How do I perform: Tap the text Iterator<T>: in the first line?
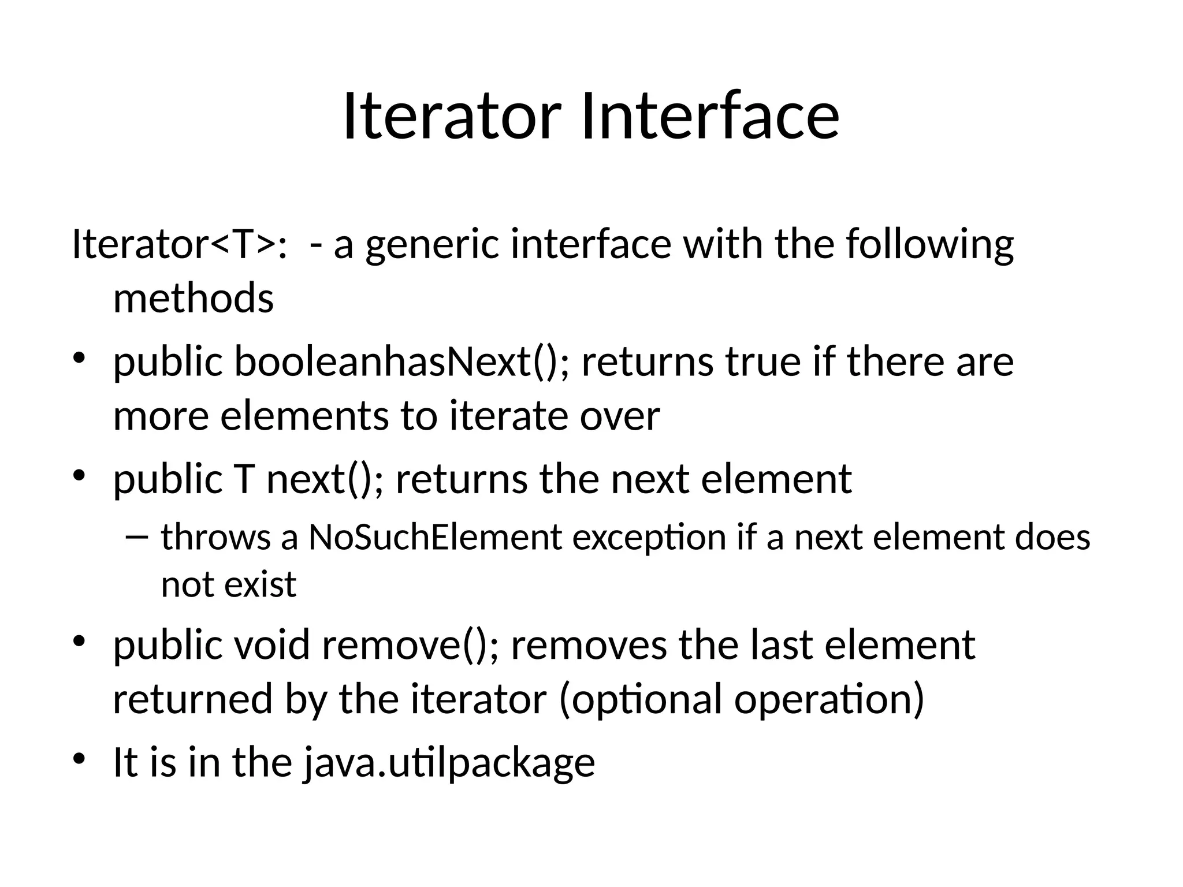[x=180, y=244]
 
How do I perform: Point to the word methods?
[x=193, y=299]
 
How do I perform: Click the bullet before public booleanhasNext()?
[x=79, y=357]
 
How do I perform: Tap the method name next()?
[x=324, y=479]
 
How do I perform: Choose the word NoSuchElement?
[x=435, y=537]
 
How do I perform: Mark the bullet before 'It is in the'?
[x=79, y=758]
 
